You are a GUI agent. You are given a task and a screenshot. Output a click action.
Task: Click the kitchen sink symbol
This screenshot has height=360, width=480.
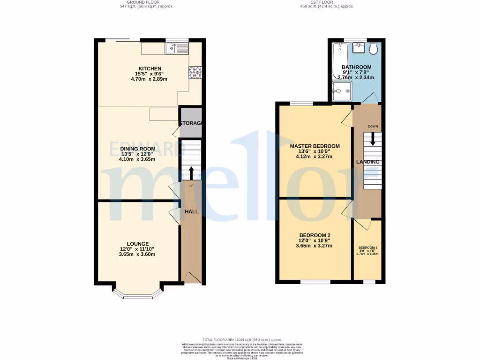pos(176,48)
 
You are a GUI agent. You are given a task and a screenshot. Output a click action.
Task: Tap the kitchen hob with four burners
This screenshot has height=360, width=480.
pos(195,72)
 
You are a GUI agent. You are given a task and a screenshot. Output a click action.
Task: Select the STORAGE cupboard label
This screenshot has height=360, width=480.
pos(191,123)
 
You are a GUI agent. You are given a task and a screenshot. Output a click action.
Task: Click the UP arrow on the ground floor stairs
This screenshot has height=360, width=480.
pos(191,172)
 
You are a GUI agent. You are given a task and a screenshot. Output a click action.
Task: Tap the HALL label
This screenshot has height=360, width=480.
pos(191,212)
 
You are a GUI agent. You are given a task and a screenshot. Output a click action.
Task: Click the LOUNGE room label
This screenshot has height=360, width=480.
pos(137,244)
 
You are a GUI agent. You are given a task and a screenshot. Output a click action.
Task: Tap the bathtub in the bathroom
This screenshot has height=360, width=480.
pos(338,61)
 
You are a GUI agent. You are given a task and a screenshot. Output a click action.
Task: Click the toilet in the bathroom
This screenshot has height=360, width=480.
pos(374,49)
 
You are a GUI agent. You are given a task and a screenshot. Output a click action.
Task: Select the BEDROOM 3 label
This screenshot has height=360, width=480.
pos(368,247)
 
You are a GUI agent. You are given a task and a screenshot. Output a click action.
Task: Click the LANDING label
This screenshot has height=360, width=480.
pos(368,162)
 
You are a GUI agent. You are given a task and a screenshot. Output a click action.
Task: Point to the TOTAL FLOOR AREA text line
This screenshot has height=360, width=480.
pos(241,339)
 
